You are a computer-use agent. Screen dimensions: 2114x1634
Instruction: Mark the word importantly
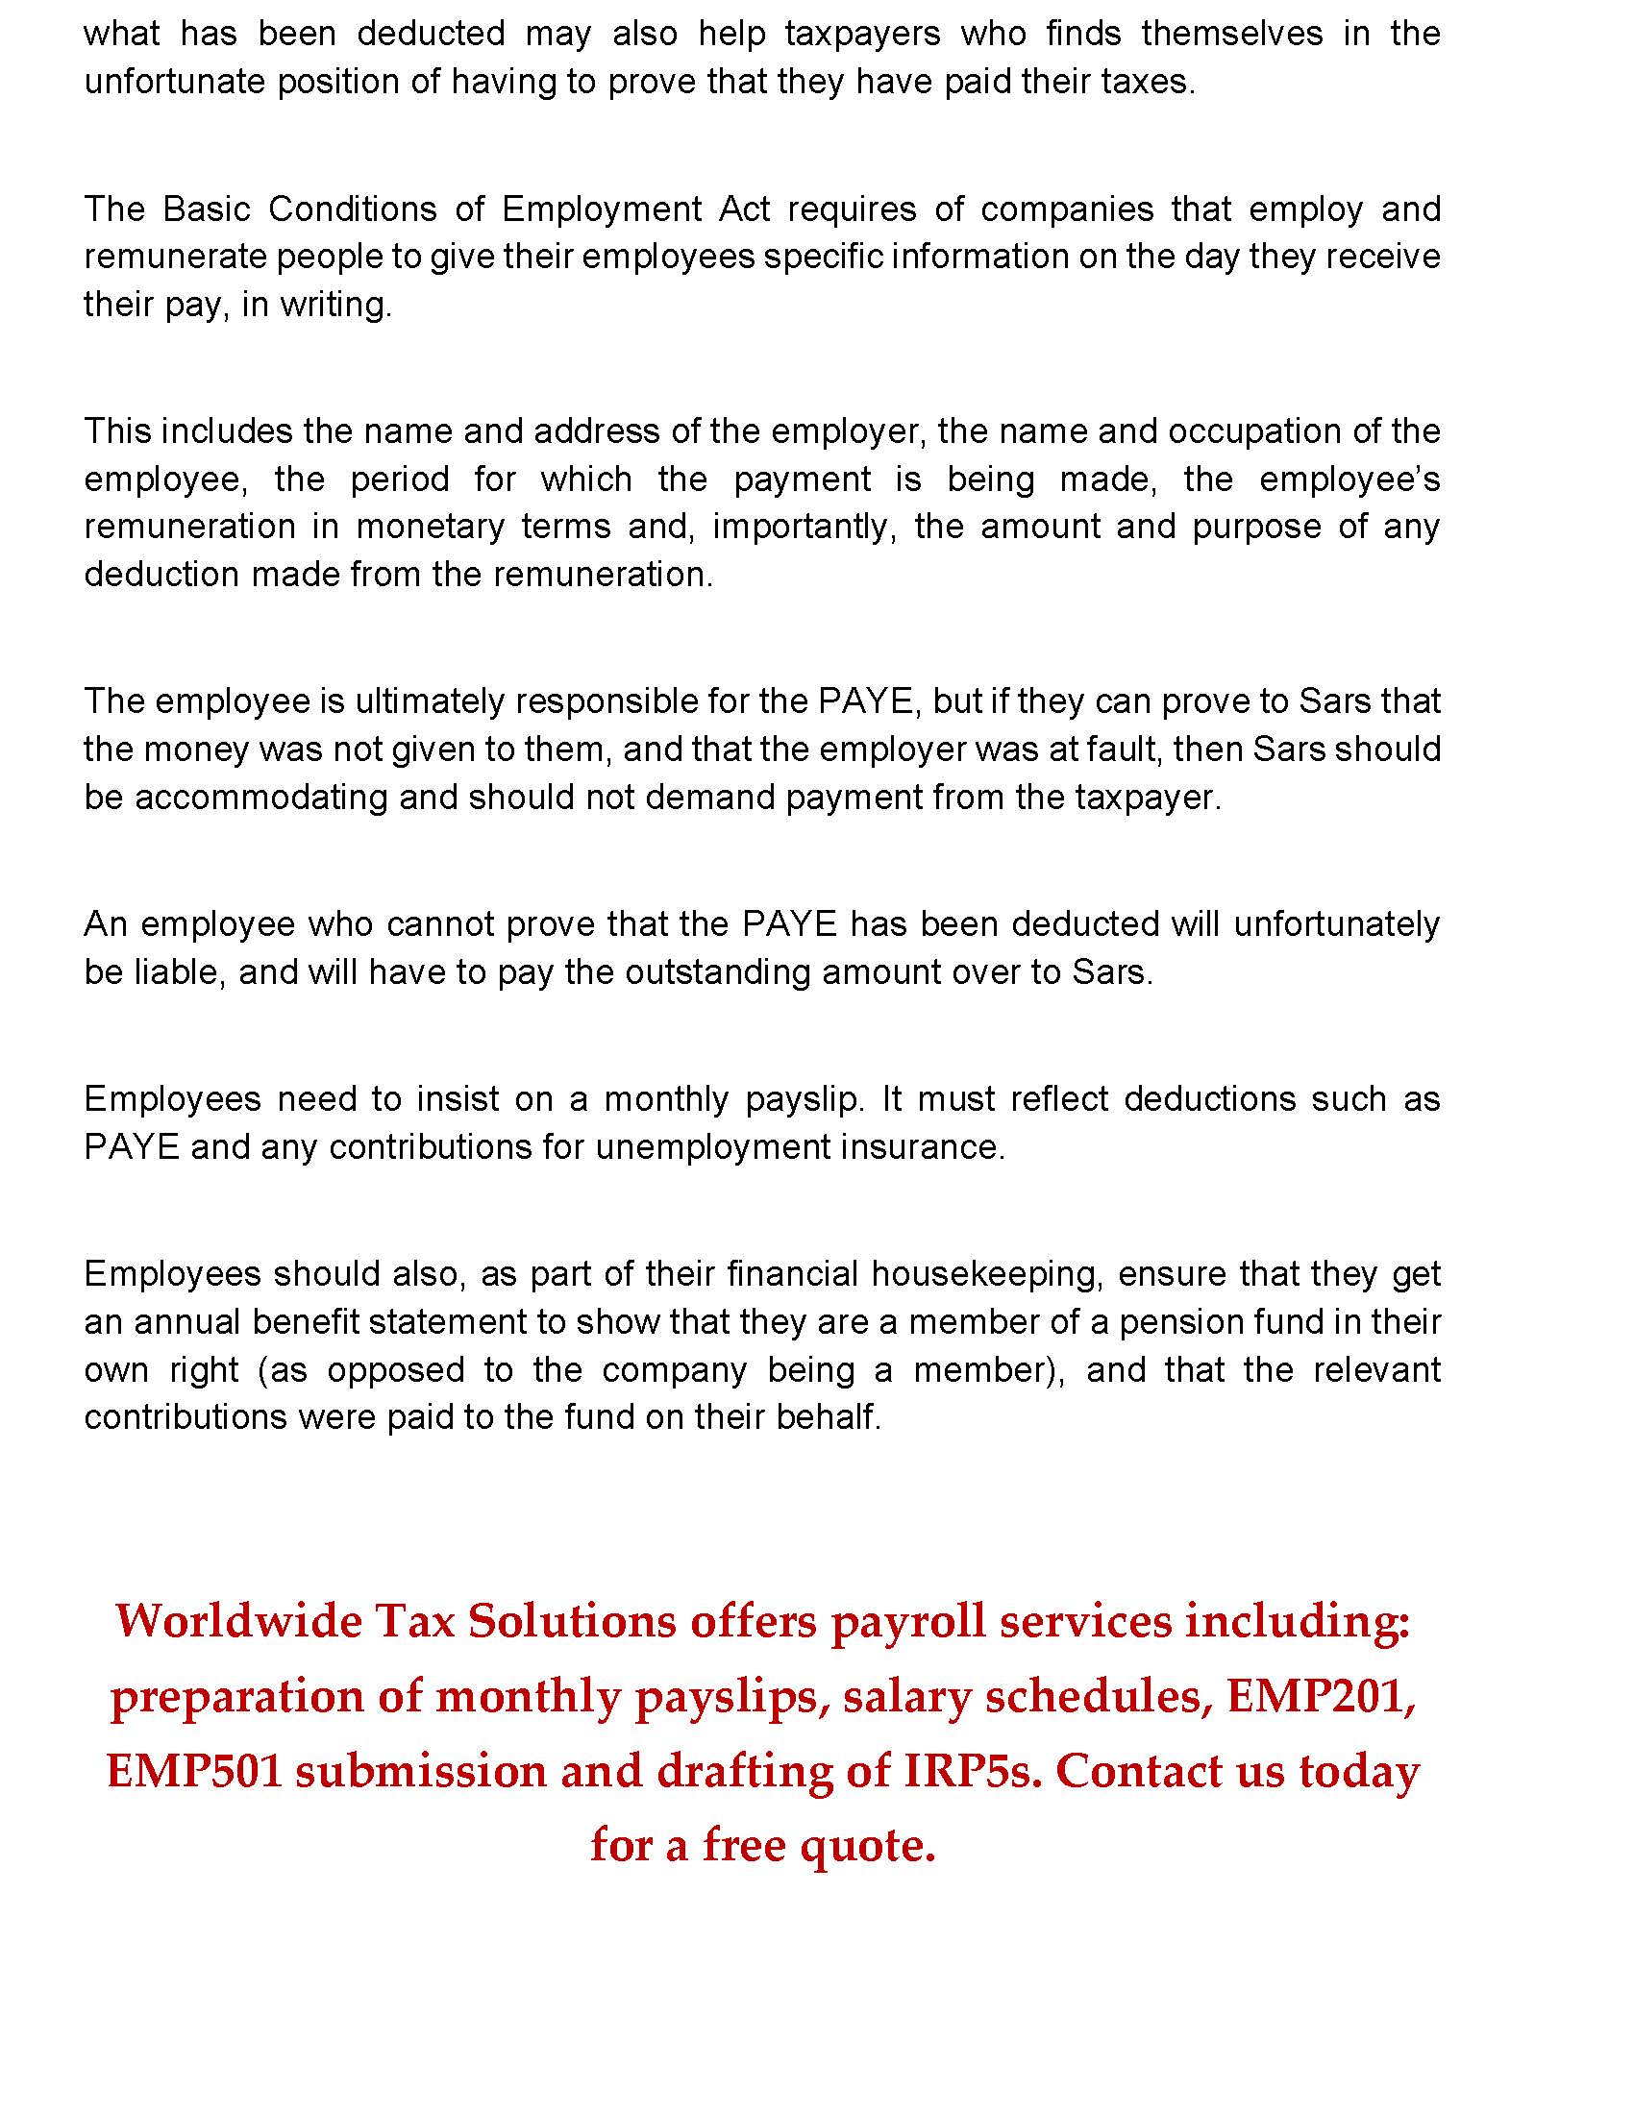point(801,528)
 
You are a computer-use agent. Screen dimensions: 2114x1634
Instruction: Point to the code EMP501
point(193,1770)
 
